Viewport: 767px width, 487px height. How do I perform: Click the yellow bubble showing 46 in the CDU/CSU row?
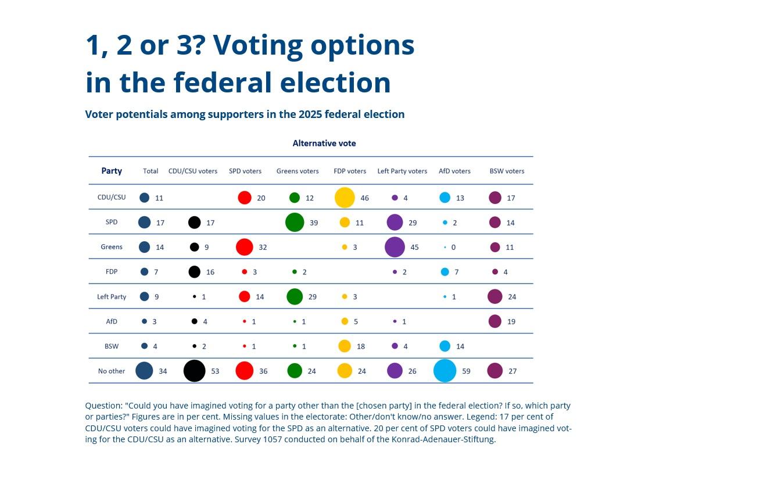(345, 198)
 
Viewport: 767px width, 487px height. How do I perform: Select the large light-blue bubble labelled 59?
(445, 371)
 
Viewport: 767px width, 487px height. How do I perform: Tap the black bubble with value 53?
(195, 371)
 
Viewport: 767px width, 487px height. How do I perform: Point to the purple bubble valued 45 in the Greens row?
(395, 247)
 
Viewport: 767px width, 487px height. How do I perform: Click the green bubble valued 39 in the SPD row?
(295, 223)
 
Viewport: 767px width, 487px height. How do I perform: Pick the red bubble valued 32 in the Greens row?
(245, 247)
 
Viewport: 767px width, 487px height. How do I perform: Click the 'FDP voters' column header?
(350, 171)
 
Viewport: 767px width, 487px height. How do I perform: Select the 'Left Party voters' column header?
(402, 171)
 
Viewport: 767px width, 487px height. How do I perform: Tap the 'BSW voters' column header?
(507, 171)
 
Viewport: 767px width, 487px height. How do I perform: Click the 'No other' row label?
(112, 371)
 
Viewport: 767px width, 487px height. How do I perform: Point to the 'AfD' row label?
(112, 321)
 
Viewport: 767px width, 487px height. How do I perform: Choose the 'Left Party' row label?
(112, 296)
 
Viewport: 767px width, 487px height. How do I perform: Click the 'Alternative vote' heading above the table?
(324, 143)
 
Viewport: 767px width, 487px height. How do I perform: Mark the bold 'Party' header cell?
(112, 171)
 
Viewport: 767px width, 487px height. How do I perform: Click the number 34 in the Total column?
(163, 371)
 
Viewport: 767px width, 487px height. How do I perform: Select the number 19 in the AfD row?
(511, 321)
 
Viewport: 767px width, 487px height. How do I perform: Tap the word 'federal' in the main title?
(223, 83)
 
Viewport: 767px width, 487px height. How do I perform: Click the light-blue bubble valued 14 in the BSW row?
(445, 346)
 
